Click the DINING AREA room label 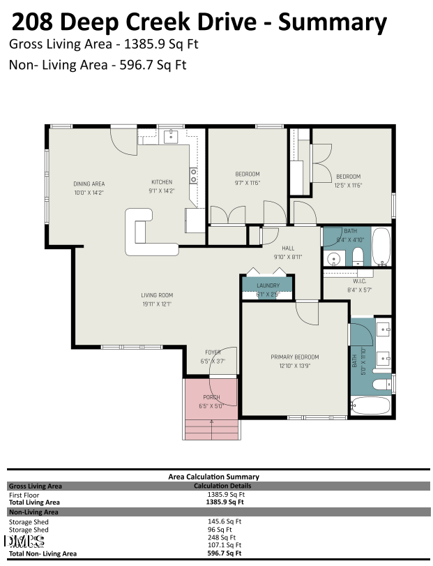[89, 184]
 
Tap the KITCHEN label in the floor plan [162, 182]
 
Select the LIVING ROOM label [156, 295]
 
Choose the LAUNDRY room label [268, 285]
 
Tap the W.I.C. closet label [359, 281]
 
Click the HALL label [288, 248]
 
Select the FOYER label [212, 352]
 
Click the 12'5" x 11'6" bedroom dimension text [348, 185]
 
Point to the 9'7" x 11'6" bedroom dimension [247, 183]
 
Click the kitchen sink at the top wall [171, 137]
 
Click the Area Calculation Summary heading [213, 477]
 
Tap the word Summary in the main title [333, 22]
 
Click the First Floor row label [24, 494]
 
